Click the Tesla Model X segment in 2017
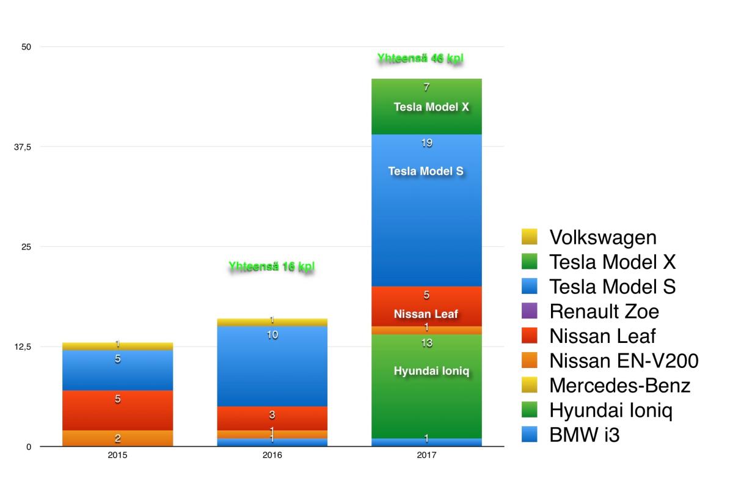click(x=426, y=106)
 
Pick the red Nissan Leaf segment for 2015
click(x=117, y=410)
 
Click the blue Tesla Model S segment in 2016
click(x=272, y=366)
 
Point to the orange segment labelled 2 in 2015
click(x=117, y=438)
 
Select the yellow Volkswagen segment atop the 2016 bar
click(x=272, y=322)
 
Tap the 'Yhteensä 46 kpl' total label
click(x=420, y=59)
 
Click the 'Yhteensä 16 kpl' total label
click(x=272, y=267)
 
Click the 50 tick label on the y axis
click(x=26, y=47)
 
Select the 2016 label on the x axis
click(x=272, y=456)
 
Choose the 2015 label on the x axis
click(x=117, y=456)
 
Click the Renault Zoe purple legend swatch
click(x=530, y=311)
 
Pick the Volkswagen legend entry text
click(x=602, y=237)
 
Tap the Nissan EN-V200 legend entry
click(x=623, y=361)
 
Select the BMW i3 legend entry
click(x=584, y=435)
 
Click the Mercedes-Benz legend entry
click(x=619, y=386)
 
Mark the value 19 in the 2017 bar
click(x=426, y=143)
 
